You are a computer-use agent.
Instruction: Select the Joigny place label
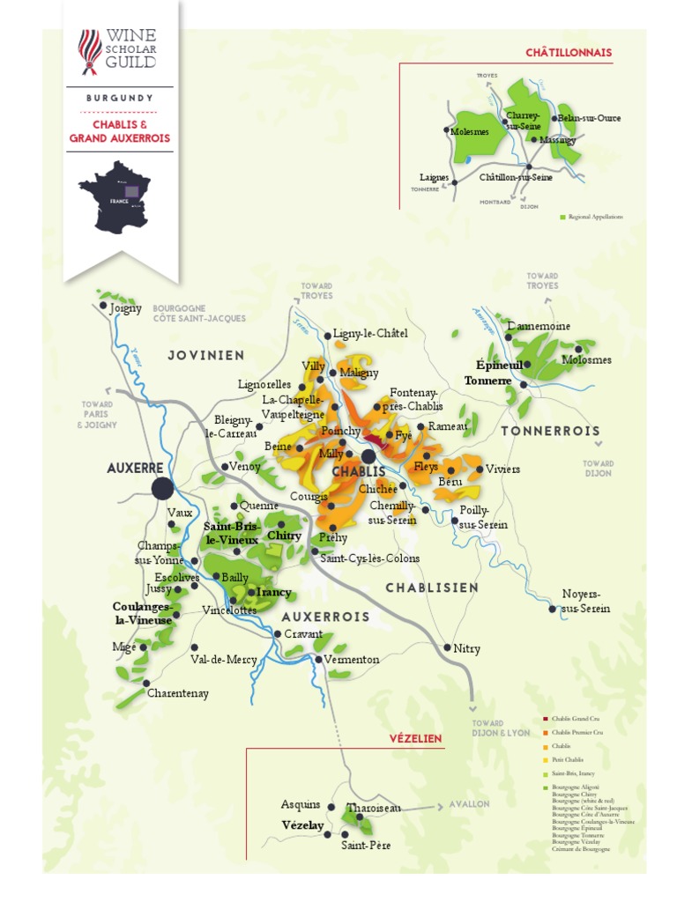click(x=125, y=309)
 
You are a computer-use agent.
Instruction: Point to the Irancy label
click(x=273, y=592)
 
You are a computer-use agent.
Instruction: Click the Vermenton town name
click(x=351, y=659)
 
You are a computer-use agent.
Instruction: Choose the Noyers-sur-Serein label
click(x=585, y=601)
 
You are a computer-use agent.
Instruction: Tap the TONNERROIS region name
click(x=550, y=432)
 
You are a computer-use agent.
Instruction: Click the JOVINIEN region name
click(x=205, y=355)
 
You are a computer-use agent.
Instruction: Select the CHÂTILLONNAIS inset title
click(x=568, y=53)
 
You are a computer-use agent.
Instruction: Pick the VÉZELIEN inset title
click(x=415, y=738)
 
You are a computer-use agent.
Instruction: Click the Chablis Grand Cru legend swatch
click(x=547, y=720)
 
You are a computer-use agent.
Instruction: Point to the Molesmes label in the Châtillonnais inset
click(x=469, y=131)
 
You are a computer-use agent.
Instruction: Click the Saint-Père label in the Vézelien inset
click(x=366, y=845)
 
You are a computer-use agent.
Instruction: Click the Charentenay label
click(x=178, y=693)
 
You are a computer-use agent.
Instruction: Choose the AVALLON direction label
click(x=469, y=803)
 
